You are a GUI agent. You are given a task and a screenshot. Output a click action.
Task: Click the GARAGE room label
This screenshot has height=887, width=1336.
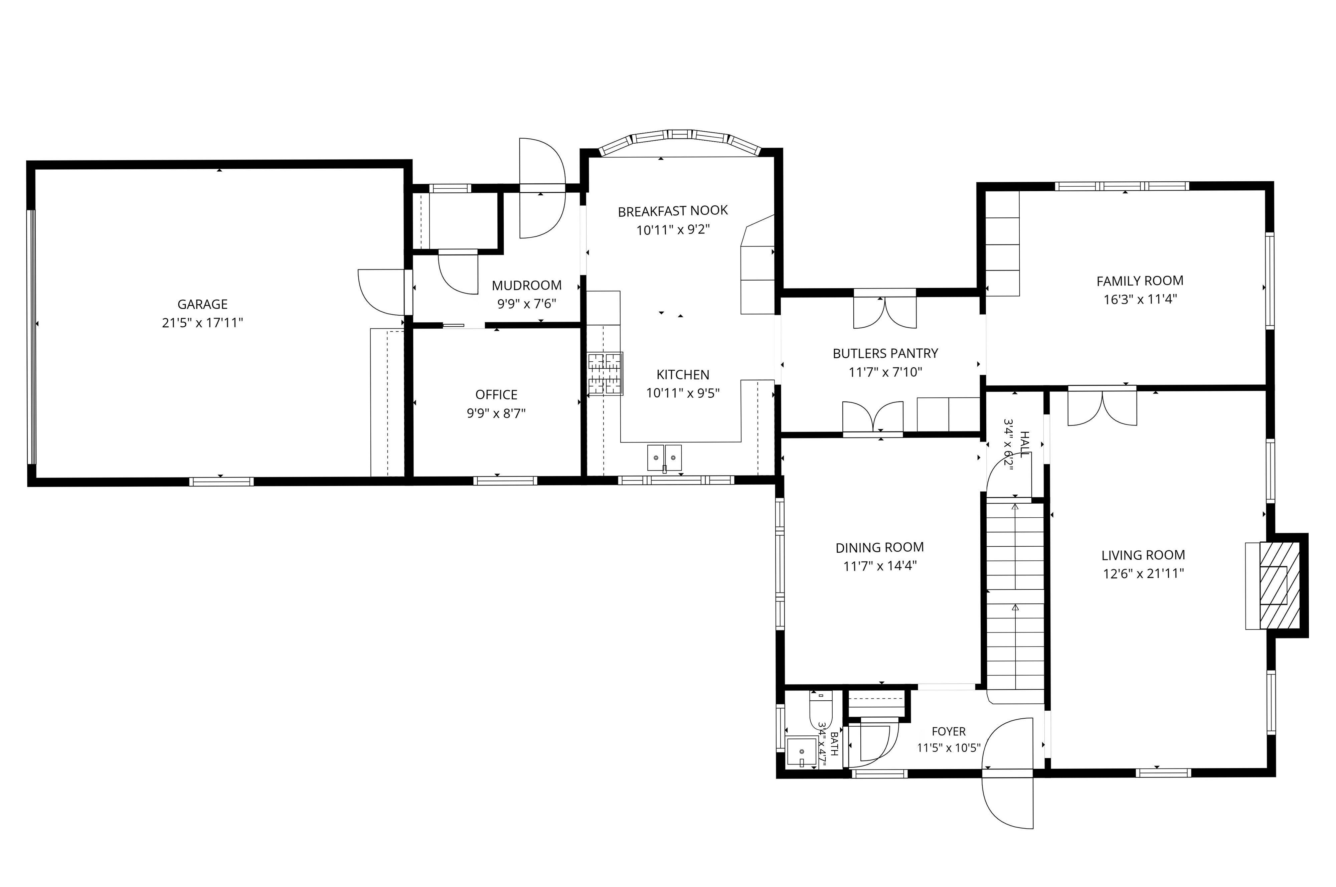click(x=202, y=304)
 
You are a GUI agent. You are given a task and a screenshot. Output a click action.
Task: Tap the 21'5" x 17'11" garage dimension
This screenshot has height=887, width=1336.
click(x=202, y=323)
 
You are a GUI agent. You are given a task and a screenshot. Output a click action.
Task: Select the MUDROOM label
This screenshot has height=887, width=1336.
click(x=527, y=286)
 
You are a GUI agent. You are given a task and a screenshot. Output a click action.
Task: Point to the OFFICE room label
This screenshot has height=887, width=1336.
click(x=496, y=395)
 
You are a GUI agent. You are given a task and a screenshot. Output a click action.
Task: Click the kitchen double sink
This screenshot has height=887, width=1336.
click(x=665, y=457)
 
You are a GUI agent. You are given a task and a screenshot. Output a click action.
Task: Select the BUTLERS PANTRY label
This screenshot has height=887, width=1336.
click(x=885, y=354)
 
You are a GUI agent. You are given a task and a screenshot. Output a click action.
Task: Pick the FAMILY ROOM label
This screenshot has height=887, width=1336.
click(x=1140, y=281)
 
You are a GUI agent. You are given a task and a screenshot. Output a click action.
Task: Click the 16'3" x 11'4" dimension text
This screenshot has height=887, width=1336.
click(x=1140, y=299)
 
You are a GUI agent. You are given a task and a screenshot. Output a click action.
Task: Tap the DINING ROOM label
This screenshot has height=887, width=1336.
click(x=879, y=548)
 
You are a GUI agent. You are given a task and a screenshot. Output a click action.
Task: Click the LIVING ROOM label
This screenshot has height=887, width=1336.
click(x=1143, y=555)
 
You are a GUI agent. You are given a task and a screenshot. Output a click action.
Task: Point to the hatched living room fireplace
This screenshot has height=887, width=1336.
click(x=1280, y=585)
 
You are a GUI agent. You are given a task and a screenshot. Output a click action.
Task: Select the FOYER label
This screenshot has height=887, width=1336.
click(x=949, y=731)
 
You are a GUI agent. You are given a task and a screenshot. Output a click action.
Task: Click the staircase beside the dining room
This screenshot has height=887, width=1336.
click(x=1015, y=601)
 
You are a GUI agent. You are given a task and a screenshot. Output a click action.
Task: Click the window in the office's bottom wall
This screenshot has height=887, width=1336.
click(x=505, y=481)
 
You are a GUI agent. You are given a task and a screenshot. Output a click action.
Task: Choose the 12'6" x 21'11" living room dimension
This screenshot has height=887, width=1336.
click(x=1143, y=574)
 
